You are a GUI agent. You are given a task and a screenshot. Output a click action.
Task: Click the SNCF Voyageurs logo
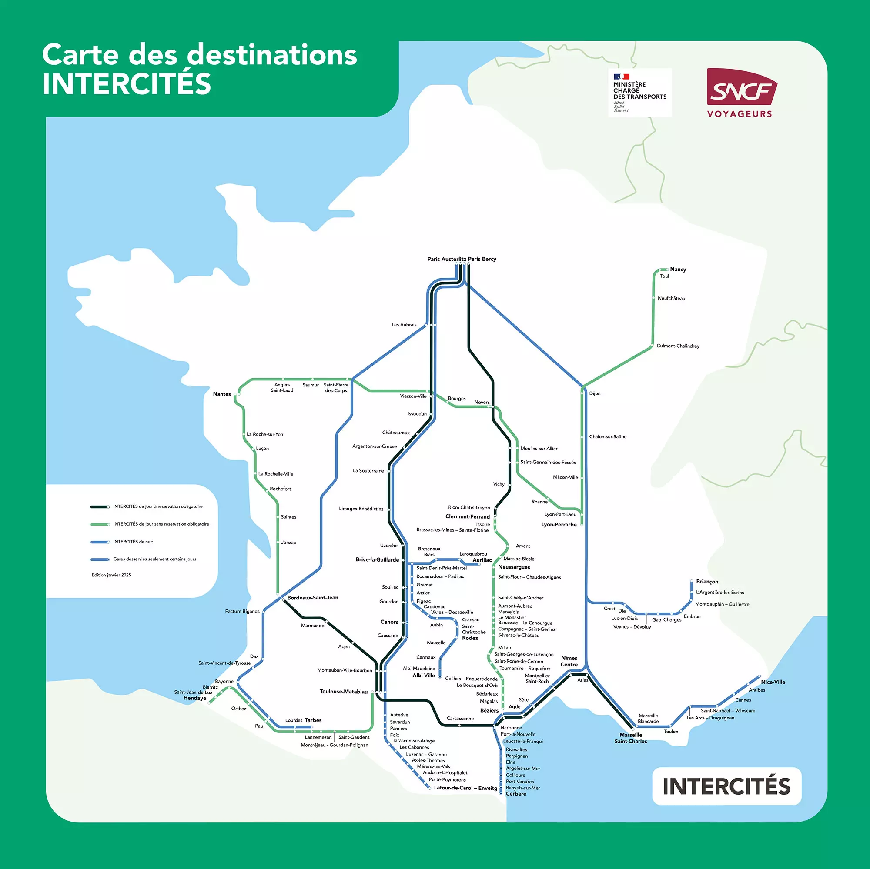(741, 93)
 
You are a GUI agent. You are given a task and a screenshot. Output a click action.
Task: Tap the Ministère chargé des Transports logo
(639, 92)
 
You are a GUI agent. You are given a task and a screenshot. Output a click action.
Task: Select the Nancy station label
(678, 269)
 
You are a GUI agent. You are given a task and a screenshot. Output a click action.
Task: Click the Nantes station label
(221, 394)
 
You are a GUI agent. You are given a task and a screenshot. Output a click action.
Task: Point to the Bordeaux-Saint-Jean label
(312, 598)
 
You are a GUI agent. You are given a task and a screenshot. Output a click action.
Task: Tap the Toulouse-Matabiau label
(344, 691)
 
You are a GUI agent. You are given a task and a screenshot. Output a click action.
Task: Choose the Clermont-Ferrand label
(468, 516)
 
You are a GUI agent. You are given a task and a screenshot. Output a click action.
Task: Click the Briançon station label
(707, 581)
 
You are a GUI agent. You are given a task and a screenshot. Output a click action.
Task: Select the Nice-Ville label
(773, 682)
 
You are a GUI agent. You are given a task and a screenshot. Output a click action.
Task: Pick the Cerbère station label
(515, 794)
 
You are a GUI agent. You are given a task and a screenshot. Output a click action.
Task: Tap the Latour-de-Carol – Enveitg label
(465, 788)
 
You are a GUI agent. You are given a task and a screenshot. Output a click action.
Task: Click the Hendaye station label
(194, 698)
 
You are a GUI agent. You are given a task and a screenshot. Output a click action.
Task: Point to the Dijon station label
(594, 393)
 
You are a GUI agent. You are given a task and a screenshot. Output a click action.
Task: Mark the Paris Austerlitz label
(446, 259)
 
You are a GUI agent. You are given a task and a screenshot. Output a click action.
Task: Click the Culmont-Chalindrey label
(678, 346)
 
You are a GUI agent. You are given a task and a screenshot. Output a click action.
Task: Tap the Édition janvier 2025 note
(111, 575)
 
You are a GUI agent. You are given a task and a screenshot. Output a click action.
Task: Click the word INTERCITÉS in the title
(127, 84)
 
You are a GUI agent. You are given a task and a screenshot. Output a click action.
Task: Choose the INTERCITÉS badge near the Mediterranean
(726, 786)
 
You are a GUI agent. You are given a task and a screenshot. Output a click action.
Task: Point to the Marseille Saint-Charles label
(630, 738)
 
